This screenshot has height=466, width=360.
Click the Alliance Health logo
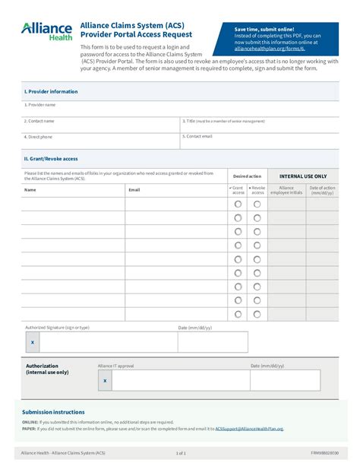47,30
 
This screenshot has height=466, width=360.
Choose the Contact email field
258,141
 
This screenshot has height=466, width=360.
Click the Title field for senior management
258,125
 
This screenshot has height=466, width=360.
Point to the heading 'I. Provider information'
51,91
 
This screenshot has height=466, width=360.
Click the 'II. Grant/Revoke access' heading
51,159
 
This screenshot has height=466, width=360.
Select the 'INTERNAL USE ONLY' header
303,175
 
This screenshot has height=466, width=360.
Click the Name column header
30,189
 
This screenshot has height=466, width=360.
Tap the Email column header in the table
134,189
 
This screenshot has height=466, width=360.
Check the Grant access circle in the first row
238,204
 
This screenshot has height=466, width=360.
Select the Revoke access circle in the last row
257,314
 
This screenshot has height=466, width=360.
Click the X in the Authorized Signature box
33,342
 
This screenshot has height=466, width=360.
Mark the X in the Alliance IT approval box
105,380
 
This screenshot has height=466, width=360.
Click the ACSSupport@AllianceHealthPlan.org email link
249,429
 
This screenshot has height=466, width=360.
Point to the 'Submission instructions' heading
53,412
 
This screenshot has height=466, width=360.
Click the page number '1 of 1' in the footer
181,452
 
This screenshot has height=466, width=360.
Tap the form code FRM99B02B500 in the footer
325,452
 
